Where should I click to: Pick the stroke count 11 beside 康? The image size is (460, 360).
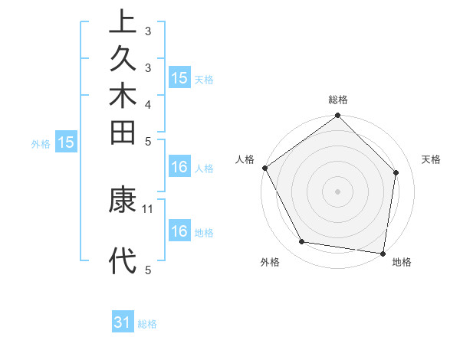point(148,208)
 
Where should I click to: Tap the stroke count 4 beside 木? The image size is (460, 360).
point(148,104)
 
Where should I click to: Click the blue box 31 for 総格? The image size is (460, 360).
point(123,323)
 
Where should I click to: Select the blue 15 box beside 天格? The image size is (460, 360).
point(179,78)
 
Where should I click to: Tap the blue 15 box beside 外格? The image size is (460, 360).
point(66,142)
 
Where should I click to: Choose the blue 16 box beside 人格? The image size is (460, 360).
point(179,167)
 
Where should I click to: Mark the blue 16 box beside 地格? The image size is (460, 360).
point(179,231)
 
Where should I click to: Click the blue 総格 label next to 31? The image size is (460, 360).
point(147,324)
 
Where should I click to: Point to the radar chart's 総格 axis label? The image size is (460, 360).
point(338,100)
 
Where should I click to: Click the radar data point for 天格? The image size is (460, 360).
point(396,172)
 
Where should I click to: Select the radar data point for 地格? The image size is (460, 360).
point(383,253)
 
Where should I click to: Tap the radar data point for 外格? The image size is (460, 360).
point(302,242)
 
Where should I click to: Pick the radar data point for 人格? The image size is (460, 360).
point(264,168)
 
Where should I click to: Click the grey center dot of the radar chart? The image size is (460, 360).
point(338,191)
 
